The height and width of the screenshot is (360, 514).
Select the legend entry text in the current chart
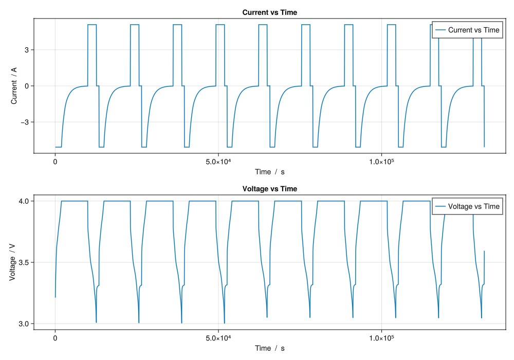point(473,30)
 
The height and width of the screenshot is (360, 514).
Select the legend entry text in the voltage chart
point(473,207)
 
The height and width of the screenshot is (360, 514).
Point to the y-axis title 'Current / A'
point(14,85)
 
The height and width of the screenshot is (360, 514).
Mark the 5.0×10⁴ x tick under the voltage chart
point(218,337)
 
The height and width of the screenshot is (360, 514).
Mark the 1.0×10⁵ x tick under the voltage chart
point(381,337)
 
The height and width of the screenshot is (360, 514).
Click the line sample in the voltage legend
point(440,207)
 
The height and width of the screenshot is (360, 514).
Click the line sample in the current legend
point(440,30)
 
